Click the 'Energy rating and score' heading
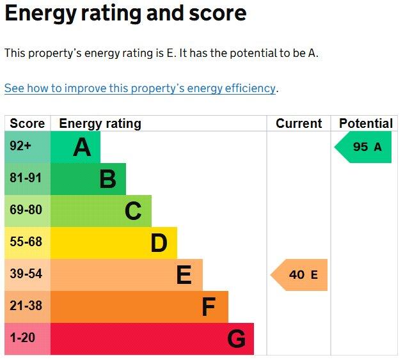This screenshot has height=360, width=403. pyautogui.click(x=125, y=14)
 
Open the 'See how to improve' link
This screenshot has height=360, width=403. pyautogui.click(x=140, y=88)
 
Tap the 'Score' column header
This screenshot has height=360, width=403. pyautogui.click(x=28, y=123)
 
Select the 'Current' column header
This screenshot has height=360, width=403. pyautogui.click(x=299, y=123)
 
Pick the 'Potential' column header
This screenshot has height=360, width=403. pyautogui.click(x=366, y=123)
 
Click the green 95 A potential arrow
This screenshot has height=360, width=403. pyautogui.click(x=363, y=147)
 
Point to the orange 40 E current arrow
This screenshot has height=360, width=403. pyautogui.click(x=299, y=275)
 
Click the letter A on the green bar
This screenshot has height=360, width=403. pyautogui.click(x=82, y=147)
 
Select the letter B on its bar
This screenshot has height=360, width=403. pyautogui.click(x=108, y=179)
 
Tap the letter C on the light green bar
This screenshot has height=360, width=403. pyautogui.click(x=133, y=211)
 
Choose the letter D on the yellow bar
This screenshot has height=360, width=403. pyautogui.click(x=159, y=243)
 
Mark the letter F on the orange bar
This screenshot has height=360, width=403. pyautogui.click(x=209, y=306)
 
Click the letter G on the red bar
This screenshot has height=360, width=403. pyautogui.click(x=237, y=339)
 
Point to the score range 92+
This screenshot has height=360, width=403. pyautogui.click(x=20, y=146)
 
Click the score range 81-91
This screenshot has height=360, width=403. pyautogui.click(x=26, y=178)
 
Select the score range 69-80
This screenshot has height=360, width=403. pyautogui.click(x=26, y=210)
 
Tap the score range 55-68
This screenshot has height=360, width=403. pyautogui.click(x=26, y=242)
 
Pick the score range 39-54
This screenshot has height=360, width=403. pyautogui.click(x=26, y=274)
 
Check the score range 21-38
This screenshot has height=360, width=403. pyautogui.click(x=26, y=306)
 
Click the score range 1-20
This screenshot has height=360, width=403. pyautogui.click(x=22, y=338)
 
